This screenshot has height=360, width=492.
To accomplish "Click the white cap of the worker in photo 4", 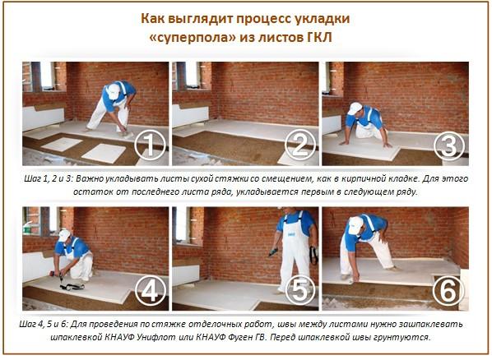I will tap(64, 235).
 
